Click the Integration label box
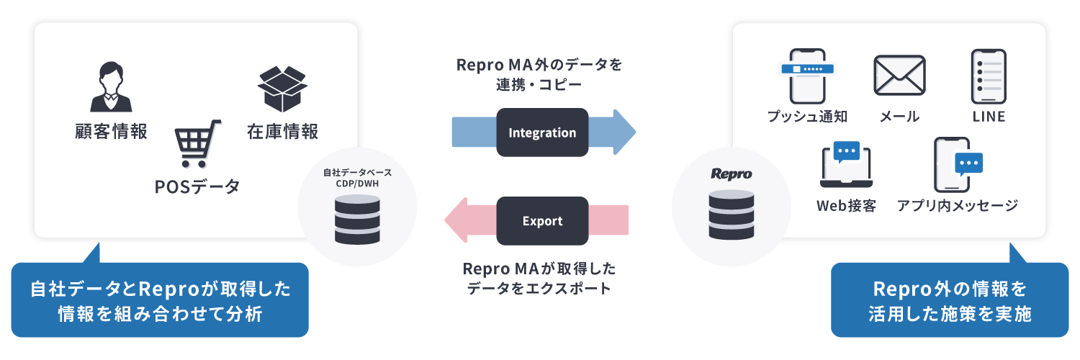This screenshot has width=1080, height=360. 542,133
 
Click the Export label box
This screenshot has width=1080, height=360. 542,221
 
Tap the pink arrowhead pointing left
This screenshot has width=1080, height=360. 459,221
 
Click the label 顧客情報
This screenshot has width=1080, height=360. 111,132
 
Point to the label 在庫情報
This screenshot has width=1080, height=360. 282,132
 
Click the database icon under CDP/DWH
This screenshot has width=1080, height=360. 357,217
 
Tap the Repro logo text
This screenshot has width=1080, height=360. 731,174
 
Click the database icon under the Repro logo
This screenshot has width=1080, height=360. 731,214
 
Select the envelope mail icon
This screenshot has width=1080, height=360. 899,76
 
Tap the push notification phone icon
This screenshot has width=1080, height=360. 806,76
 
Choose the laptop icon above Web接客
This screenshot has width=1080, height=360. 846,163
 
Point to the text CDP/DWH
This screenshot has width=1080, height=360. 357,183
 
